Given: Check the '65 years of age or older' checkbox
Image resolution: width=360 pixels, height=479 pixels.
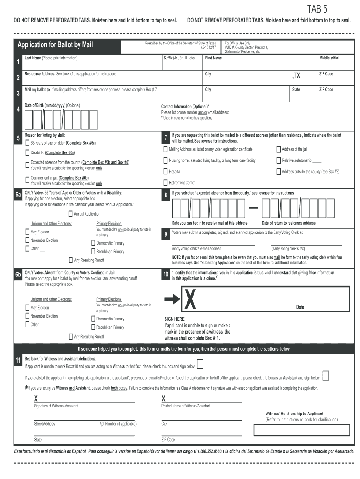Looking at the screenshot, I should [27, 143].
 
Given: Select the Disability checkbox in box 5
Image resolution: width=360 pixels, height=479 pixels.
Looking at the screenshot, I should [27, 153].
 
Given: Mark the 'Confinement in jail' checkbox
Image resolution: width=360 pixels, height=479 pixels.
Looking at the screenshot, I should [27, 179].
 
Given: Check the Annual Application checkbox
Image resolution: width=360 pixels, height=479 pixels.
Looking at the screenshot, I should [71, 214].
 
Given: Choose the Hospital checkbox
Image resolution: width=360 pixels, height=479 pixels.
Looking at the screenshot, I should [165, 172].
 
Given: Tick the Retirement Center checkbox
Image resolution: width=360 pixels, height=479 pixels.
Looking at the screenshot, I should [165, 183].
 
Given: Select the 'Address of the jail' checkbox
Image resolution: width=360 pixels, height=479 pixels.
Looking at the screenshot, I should [279, 149].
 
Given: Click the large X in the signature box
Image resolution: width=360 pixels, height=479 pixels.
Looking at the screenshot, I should [190, 300].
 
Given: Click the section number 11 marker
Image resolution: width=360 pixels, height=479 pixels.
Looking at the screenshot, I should [18, 360].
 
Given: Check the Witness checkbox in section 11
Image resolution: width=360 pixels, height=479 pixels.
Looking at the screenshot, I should [200, 364].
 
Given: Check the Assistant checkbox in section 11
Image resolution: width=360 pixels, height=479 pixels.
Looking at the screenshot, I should [325, 376].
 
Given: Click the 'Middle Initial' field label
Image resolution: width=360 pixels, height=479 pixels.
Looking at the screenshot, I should [329, 58].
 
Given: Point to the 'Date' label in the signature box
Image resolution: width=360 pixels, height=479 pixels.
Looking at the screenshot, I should [300, 307].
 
